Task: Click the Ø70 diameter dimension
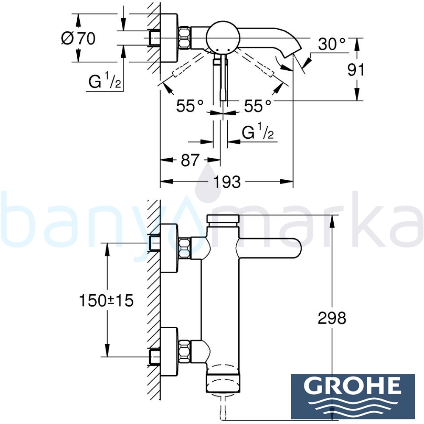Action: click(x=78, y=39)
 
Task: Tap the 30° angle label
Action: click(x=332, y=44)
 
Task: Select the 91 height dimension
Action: click(x=356, y=70)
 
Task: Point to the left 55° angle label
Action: click(x=190, y=106)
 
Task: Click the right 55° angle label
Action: click(x=257, y=106)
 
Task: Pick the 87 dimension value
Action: click(x=190, y=160)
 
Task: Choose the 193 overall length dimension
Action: click(x=227, y=182)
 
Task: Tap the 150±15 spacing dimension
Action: click(x=106, y=301)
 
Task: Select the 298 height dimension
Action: click(x=332, y=318)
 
